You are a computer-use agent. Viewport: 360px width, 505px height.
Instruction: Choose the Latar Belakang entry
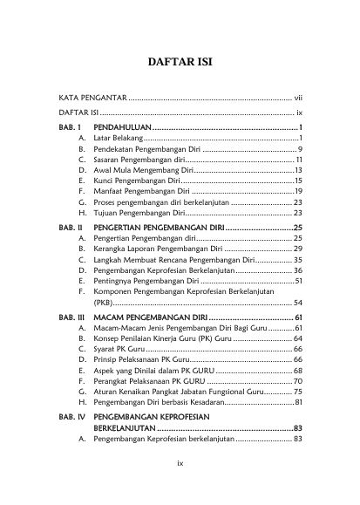point(119,139)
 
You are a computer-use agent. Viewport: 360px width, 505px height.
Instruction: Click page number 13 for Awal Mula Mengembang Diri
point(297,171)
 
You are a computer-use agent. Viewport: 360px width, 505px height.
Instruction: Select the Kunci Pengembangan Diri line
point(139,181)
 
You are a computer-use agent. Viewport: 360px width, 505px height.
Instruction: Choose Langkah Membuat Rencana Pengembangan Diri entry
point(174,260)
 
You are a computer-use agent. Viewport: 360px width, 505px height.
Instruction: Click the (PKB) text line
point(105,303)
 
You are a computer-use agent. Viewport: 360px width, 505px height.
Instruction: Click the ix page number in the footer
point(179,488)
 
